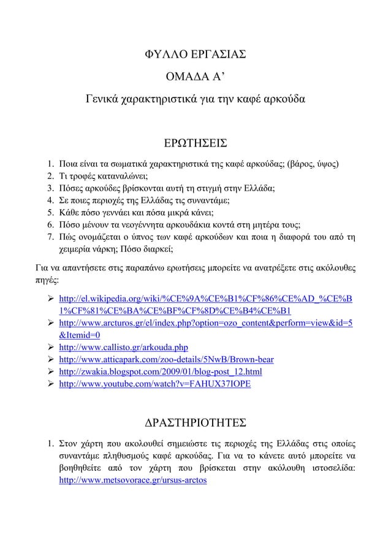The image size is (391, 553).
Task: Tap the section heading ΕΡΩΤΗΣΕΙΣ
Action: tap(195, 143)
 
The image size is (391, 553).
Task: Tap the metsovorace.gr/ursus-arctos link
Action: tap(132, 481)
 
